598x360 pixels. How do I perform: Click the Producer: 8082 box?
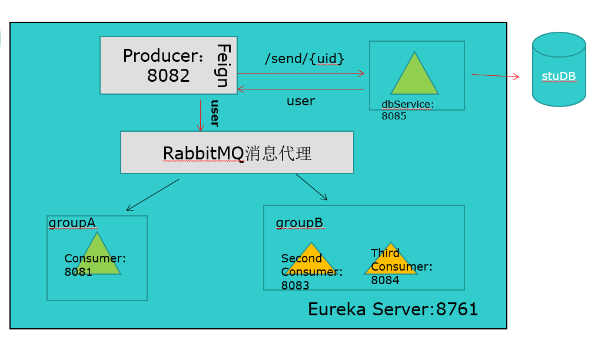click(x=159, y=65)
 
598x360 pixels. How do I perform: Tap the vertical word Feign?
click(x=222, y=65)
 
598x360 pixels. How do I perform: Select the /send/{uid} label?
click(x=304, y=59)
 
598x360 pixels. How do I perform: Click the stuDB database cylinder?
click(x=559, y=69)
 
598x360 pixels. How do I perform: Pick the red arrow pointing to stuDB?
click(x=495, y=76)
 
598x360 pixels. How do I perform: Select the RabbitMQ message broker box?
click(x=237, y=152)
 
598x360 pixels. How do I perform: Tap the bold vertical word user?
click(x=214, y=114)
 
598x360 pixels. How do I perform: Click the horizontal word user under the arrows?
click(x=300, y=101)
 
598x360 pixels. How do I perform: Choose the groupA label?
click(x=72, y=222)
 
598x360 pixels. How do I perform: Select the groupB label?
click(x=299, y=223)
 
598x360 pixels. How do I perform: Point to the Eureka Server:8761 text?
click(x=393, y=309)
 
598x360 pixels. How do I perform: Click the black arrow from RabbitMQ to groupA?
click(x=152, y=195)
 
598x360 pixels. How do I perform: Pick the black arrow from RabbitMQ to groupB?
click(x=311, y=186)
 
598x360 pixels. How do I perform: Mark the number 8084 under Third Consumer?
click(x=385, y=281)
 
